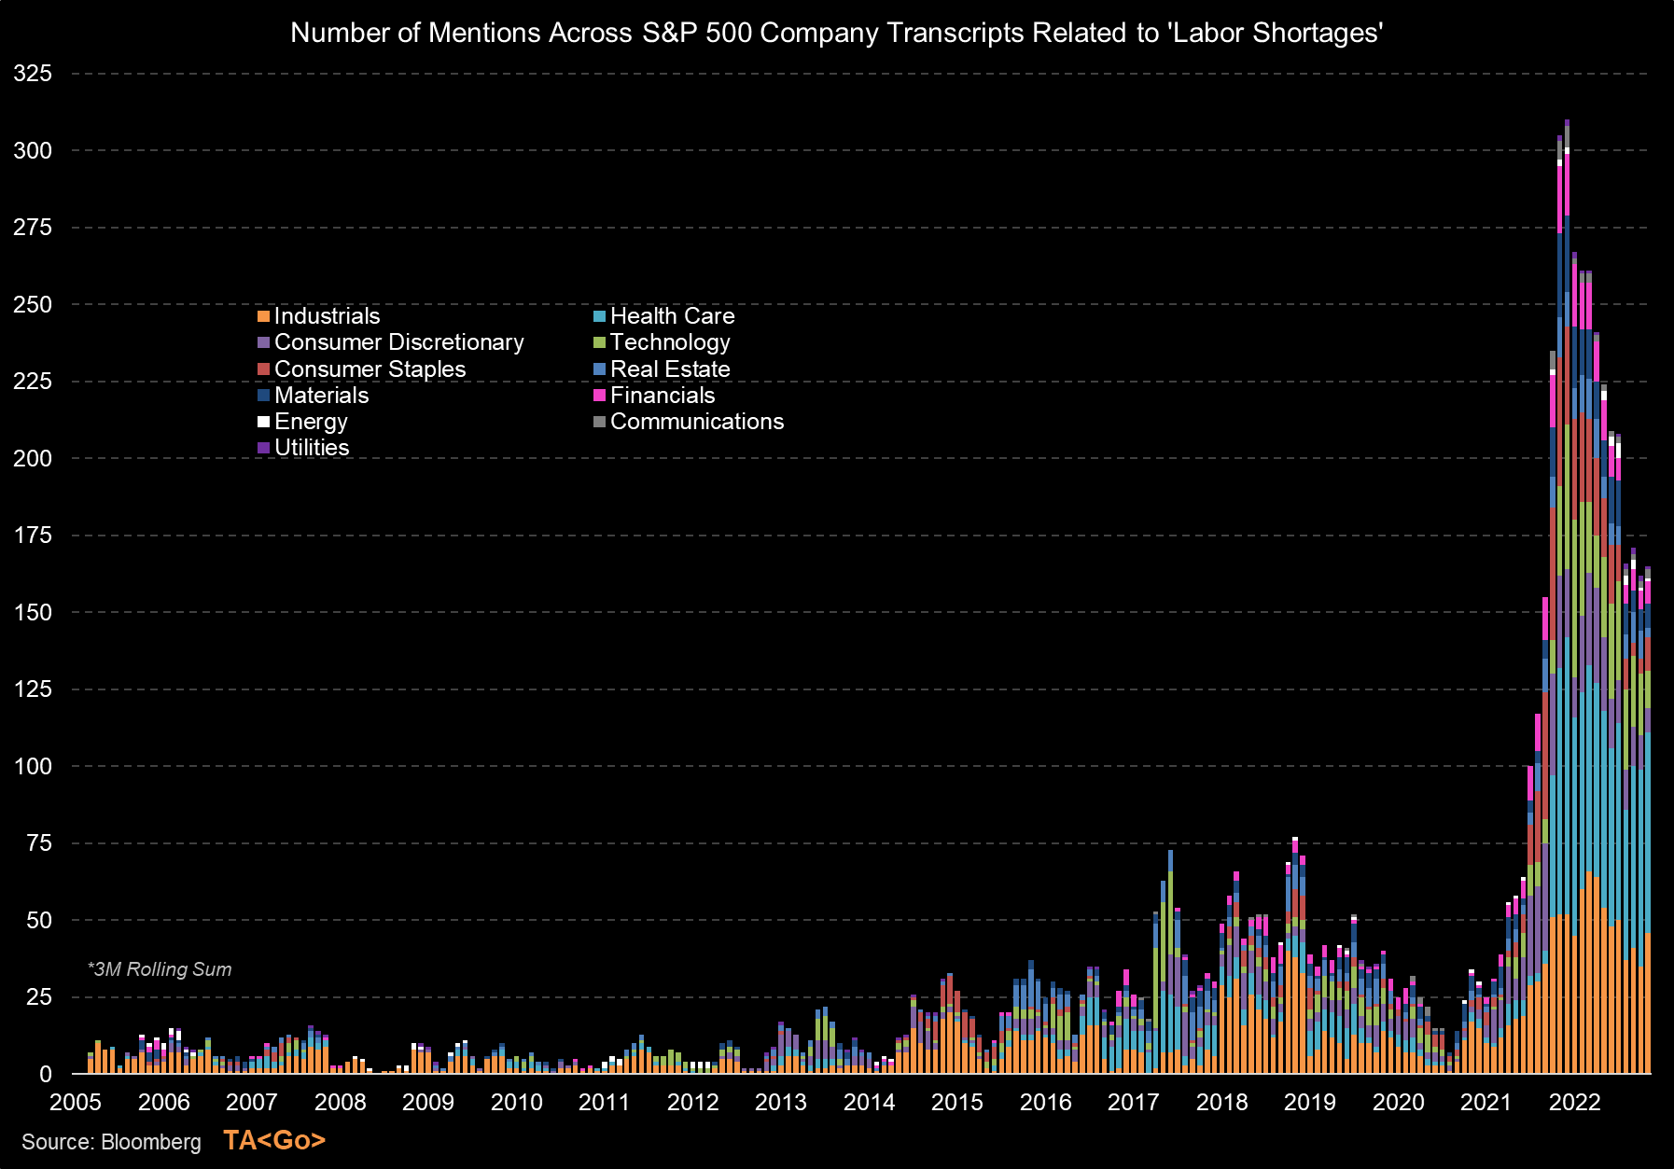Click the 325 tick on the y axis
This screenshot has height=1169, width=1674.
click(x=33, y=74)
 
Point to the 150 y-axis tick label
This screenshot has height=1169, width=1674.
click(x=33, y=613)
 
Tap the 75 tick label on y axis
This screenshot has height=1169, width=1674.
click(x=38, y=843)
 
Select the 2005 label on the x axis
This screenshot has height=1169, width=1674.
click(x=76, y=1103)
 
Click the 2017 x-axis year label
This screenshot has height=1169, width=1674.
click(x=1133, y=1103)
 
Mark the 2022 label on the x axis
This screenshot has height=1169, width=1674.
click(x=1574, y=1103)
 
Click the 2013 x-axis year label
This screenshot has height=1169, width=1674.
click(x=780, y=1103)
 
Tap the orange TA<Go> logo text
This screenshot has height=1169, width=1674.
click(x=274, y=1140)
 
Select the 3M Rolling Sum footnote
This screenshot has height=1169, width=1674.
click(x=160, y=969)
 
